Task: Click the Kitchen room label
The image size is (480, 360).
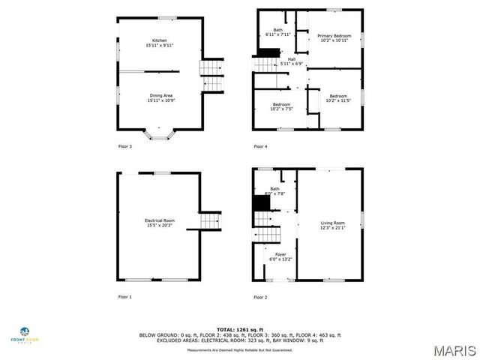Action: tap(159, 43)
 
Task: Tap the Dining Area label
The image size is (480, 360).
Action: tap(161, 98)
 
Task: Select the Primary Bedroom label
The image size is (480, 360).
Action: tap(334, 38)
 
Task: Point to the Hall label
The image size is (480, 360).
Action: tap(292, 61)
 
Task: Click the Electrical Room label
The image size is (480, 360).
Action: tap(159, 223)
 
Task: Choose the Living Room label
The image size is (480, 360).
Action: tap(332, 226)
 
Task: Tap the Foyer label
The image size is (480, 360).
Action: tap(280, 257)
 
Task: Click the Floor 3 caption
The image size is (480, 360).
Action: tap(125, 146)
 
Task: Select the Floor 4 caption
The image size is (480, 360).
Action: tap(260, 146)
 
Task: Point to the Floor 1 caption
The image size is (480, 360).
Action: tap(124, 297)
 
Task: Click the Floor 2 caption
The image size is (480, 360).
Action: tap(260, 297)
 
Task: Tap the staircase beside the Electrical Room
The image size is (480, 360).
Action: tap(211, 221)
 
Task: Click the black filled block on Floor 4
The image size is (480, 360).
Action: tap(268, 52)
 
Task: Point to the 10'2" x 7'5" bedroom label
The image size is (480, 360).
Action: tap(281, 106)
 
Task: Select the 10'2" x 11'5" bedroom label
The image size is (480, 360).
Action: tap(338, 98)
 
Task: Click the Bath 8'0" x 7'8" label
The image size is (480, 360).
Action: tap(274, 191)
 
